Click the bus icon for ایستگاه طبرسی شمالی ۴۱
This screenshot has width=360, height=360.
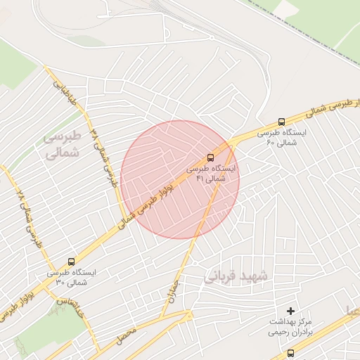[211, 157]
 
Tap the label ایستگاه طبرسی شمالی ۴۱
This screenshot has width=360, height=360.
[212, 174]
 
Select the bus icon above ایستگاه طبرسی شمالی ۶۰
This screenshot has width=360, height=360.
[281, 121]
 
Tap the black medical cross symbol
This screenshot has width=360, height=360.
[291, 311]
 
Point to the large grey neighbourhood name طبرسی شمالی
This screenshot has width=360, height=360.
[63, 143]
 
